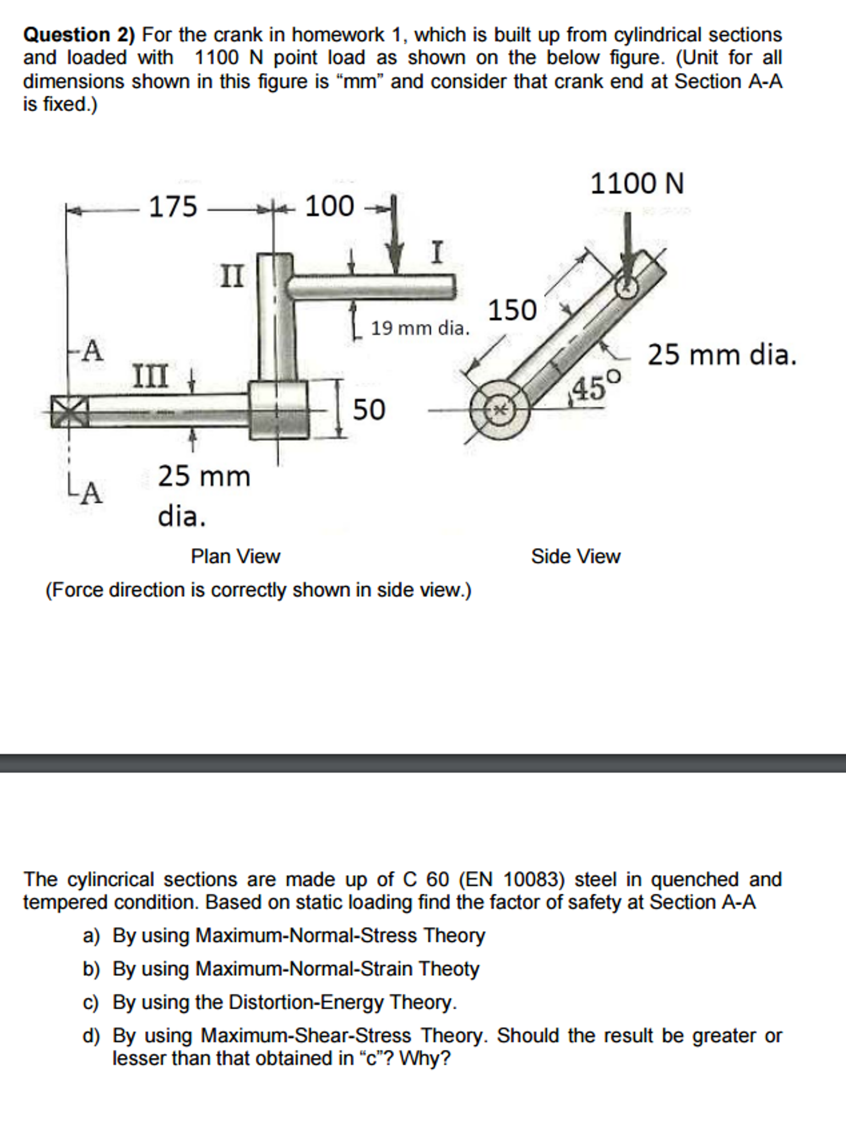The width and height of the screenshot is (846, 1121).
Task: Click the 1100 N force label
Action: (637, 183)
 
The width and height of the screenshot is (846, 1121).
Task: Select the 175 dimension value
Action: (173, 207)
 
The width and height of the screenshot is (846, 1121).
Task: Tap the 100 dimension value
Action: (329, 207)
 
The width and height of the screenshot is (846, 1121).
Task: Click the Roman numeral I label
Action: (436, 253)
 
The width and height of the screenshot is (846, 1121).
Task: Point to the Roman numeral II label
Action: (232, 276)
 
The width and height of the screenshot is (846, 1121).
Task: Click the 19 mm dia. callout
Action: (420, 329)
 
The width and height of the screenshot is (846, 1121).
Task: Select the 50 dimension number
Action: (369, 410)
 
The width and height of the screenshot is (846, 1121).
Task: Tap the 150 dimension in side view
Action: (512, 310)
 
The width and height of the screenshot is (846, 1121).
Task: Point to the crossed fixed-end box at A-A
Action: (70, 411)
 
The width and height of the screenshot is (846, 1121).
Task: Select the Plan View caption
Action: (236, 557)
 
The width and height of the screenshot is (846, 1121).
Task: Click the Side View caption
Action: (575, 557)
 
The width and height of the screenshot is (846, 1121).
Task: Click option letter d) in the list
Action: (91, 1036)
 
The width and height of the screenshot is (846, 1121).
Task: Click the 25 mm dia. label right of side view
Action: (722, 355)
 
